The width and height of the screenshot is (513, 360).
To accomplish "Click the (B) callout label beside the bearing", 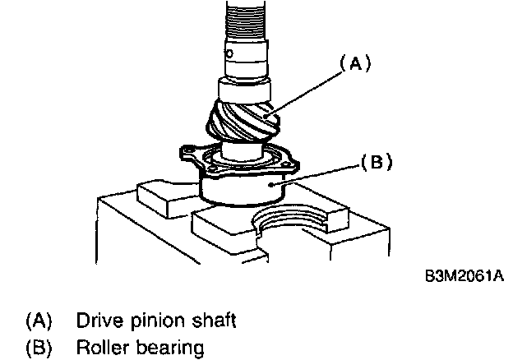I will [x=372, y=162].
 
